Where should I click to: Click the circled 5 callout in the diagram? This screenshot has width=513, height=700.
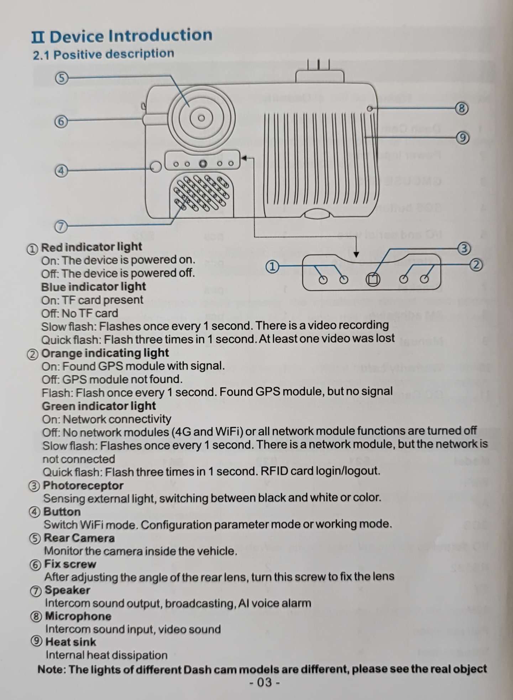click(x=62, y=78)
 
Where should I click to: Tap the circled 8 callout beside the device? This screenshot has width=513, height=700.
click(x=462, y=108)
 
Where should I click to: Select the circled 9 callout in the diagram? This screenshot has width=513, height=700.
click(x=462, y=138)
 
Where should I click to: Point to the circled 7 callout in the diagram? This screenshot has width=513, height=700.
click(x=61, y=226)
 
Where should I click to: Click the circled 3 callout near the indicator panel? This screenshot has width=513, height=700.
click(x=464, y=248)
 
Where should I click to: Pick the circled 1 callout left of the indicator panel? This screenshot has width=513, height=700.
click(x=272, y=266)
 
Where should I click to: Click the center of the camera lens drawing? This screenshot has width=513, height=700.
click(x=201, y=118)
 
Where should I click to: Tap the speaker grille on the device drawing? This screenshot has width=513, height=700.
click(x=201, y=193)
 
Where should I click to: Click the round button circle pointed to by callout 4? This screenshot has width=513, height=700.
click(x=156, y=166)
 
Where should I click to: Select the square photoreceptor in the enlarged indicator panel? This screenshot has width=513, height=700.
click(x=373, y=279)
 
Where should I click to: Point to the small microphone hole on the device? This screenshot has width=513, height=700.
click(x=370, y=108)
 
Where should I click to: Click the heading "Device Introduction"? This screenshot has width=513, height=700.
click(x=131, y=36)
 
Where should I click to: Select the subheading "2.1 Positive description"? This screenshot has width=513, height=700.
click(x=104, y=54)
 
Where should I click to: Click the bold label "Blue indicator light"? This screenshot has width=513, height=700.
click(x=93, y=287)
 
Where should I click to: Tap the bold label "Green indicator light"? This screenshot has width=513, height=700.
click(x=99, y=406)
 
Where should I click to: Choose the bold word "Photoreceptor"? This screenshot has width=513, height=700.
click(x=83, y=486)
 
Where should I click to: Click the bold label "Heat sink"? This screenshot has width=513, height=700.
click(x=70, y=642)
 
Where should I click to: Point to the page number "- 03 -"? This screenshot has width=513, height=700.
click(x=265, y=682)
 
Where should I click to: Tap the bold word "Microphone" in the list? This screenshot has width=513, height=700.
click(x=78, y=616)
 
